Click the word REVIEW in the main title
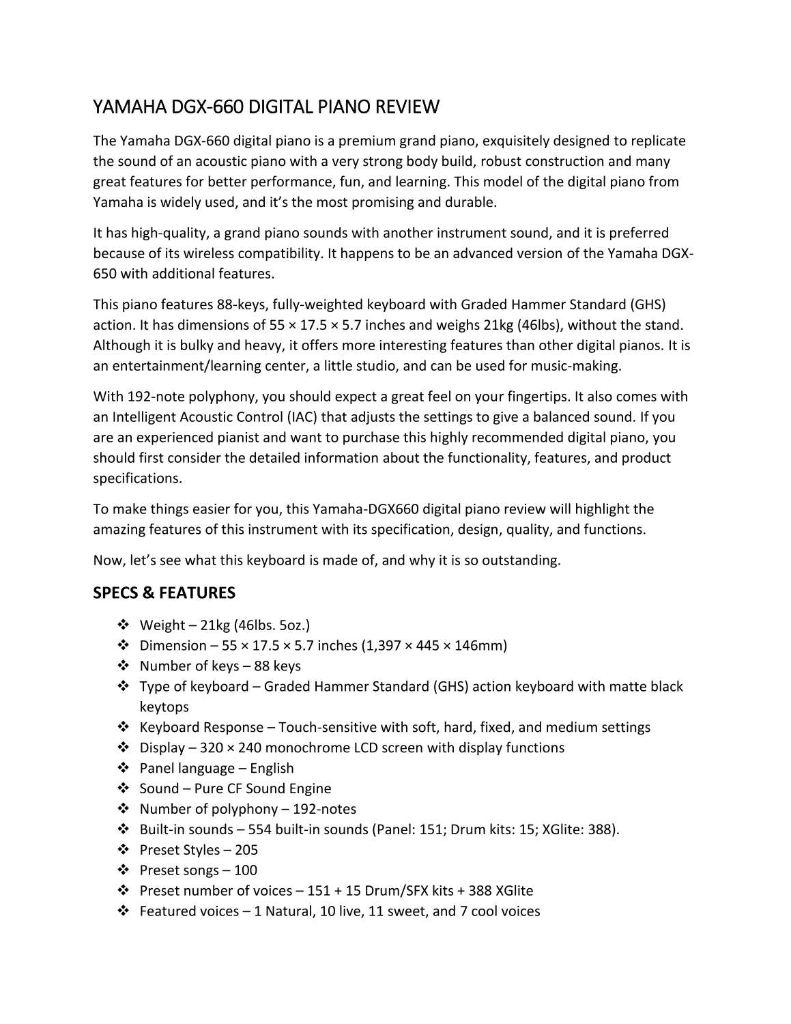(408, 107)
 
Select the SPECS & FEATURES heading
(164, 593)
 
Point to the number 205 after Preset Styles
(246, 850)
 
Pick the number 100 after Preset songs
(246, 870)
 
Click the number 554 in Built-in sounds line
(260, 829)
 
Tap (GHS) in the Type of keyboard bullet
(450, 687)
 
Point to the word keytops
(164, 707)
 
